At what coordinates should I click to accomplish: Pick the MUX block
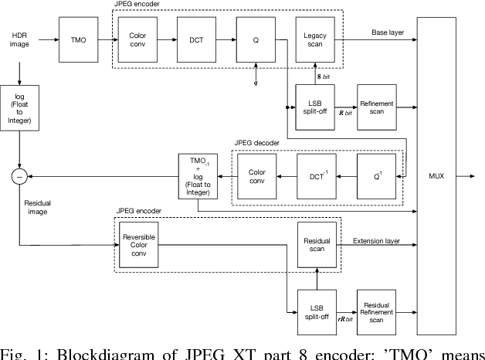(436, 175)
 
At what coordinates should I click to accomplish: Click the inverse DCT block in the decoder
(317, 176)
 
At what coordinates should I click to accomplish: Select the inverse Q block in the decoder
(377, 176)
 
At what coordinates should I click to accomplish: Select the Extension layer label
(376, 240)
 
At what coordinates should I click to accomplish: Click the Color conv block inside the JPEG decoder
(257, 176)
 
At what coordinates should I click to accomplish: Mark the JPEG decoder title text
(259, 143)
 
